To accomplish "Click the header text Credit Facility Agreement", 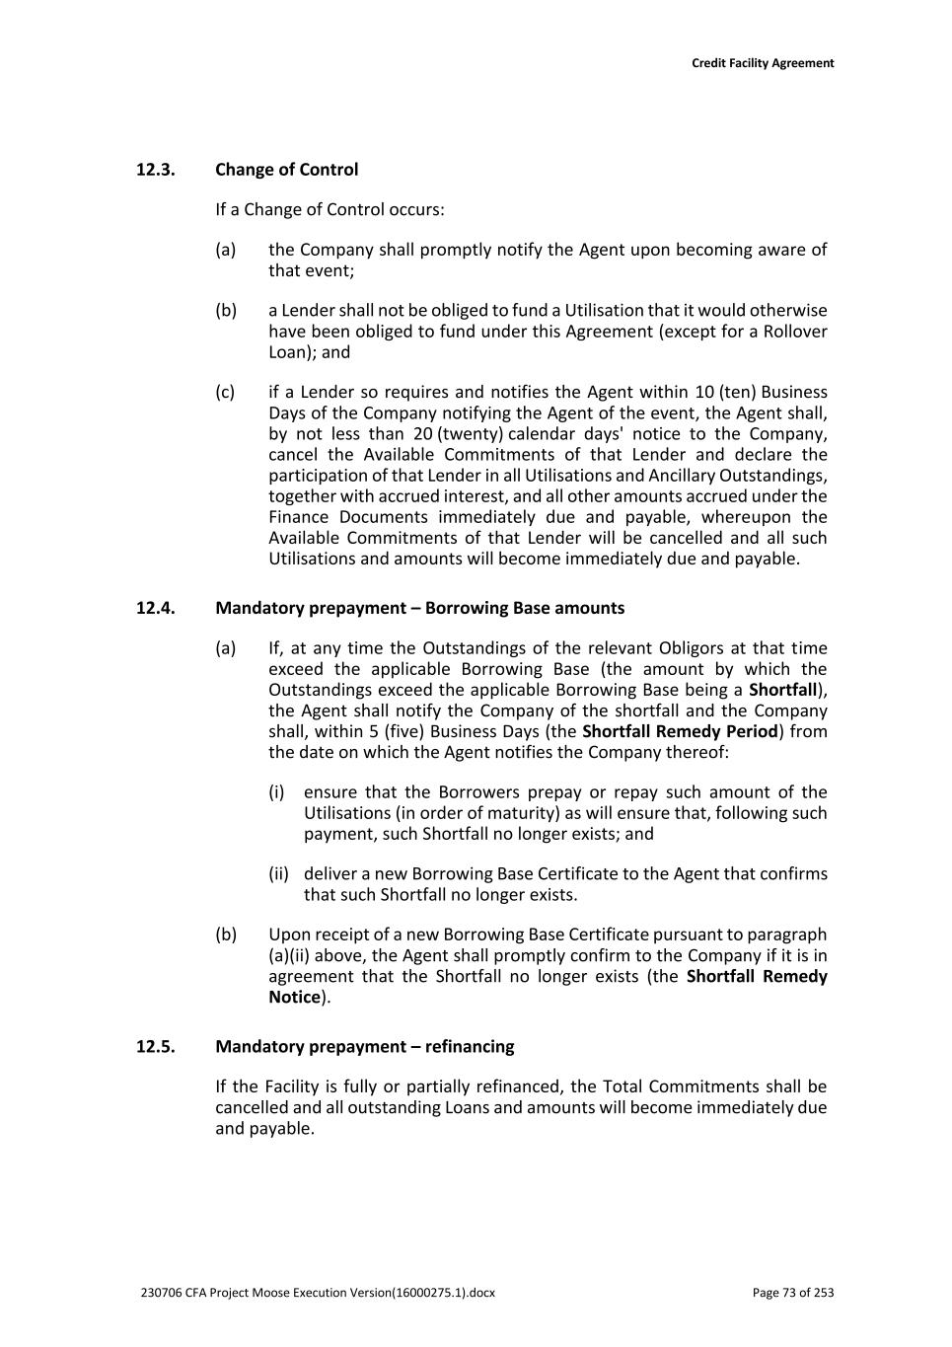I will (x=762, y=63).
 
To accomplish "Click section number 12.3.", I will (x=156, y=170).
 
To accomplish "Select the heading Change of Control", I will (x=286, y=170).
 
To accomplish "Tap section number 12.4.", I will (x=156, y=608).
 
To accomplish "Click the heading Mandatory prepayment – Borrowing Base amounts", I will (x=419, y=608).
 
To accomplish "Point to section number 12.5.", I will (x=156, y=1046).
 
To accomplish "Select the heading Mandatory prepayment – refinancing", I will (x=364, y=1046).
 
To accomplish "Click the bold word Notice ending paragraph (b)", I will (x=294, y=997).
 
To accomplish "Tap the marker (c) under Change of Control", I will (x=226, y=392).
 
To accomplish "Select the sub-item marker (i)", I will (x=277, y=791).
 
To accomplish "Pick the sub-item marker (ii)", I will (x=279, y=873).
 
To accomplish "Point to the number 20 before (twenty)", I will (x=424, y=434).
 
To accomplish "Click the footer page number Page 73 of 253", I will (x=792, y=1293).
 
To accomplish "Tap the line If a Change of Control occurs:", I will (x=330, y=209).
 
